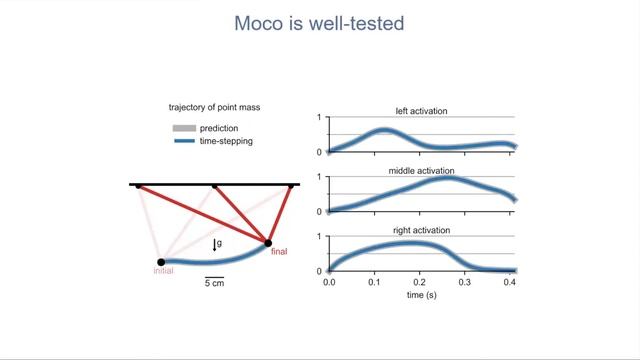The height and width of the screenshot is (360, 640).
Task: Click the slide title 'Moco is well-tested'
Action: (x=319, y=22)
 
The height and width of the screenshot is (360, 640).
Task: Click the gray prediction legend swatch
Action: (x=184, y=127)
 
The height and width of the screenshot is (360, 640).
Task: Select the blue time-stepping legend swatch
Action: (x=184, y=141)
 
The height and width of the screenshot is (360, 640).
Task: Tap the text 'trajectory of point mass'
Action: (x=216, y=107)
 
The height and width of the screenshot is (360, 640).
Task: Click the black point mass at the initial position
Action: (x=161, y=262)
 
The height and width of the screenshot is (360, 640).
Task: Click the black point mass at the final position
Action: (x=268, y=241)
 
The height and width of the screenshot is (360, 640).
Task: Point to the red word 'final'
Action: (x=279, y=252)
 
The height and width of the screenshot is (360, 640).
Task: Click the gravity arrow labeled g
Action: (x=214, y=244)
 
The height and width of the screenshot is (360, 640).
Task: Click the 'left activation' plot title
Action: (x=423, y=111)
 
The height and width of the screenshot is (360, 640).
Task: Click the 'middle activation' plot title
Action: (x=423, y=171)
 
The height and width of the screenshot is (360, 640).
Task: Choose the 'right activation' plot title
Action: (x=423, y=230)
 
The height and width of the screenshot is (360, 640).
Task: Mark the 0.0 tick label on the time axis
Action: (x=330, y=284)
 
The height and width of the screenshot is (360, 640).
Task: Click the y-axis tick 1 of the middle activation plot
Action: (x=319, y=178)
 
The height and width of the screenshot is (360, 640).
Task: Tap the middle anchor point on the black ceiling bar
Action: (x=214, y=185)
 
